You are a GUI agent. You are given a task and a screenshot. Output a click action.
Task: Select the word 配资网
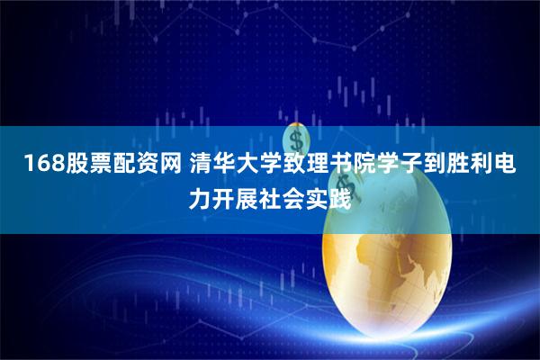pyautogui.click(x=130, y=165)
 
